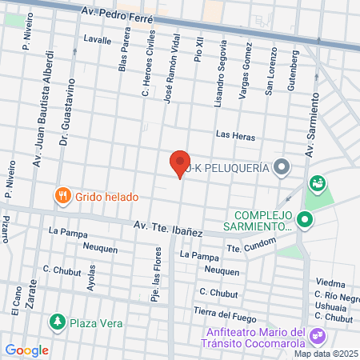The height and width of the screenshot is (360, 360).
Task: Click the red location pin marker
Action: click(180, 163)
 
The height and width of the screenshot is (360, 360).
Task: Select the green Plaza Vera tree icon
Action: click(57, 322)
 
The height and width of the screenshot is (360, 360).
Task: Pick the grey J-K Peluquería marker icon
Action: click(281, 168)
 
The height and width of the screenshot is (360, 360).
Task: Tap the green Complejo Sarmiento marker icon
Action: click(304, 218)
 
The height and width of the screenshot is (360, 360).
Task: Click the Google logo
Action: click(26, 350)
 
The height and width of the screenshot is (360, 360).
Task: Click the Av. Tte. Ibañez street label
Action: click(169, 227)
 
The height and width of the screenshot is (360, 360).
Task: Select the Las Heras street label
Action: click(235, 137)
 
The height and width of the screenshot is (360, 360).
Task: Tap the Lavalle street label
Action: click(97, 38)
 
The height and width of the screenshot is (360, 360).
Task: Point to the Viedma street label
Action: click(330, 283)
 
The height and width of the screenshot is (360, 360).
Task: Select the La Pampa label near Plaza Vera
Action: click(66, 232)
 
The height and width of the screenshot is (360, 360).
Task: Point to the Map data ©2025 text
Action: click(325, 354)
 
